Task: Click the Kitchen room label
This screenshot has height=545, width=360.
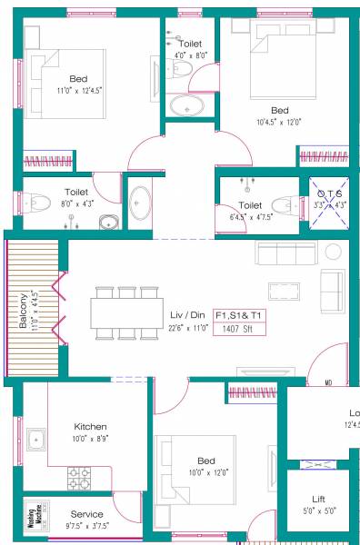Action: pyautogui.click(x=91, y=426)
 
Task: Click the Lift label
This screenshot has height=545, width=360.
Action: pyautogui.click(x=318, y=499)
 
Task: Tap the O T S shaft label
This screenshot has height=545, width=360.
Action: pyautogui.click(x=328, y=193)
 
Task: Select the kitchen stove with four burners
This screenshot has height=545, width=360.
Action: pyautogui.click(x=79, y=475)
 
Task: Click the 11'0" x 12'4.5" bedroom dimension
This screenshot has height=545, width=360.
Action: pyautogui.click(x=79, y=91)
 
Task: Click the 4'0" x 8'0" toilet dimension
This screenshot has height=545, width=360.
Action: pyautogui.click(x=191, y=55)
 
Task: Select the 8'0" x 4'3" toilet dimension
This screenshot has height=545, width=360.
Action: pyautogui.click(x=76, y=203)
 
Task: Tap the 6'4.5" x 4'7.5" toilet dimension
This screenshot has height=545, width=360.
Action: pyautogui.click(x=250, y=217)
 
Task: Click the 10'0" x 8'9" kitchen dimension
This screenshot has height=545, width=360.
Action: pyautogui.click(x=91, y=438)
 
